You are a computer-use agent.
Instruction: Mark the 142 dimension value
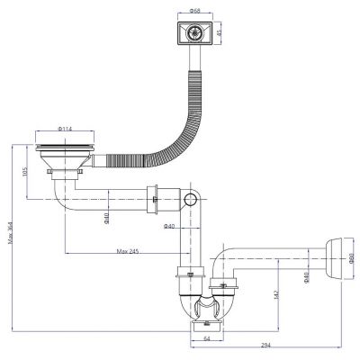pyautogui.click(x=275, y=292)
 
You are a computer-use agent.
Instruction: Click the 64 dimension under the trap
pyautogui.click(x=206, y=339)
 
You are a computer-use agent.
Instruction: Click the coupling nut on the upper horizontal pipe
pyautogui.click(x=155, y=199)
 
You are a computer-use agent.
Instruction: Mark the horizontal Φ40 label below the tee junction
pyautogui.click(x=168, y=226)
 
